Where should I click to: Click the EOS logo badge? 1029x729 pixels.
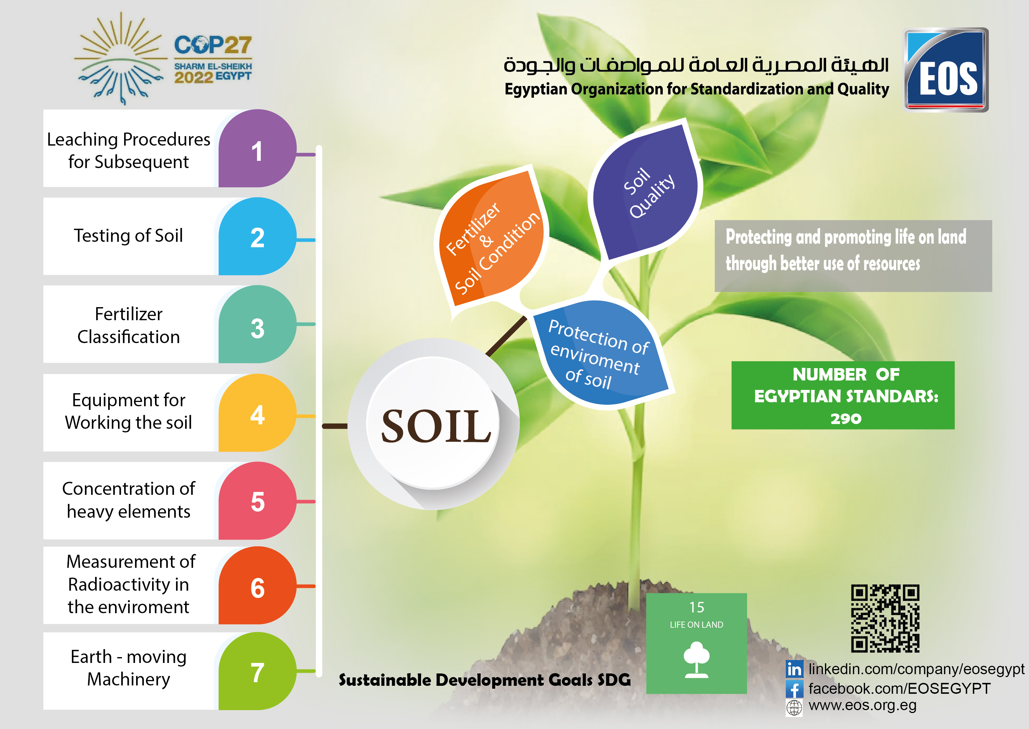click(x=946, y=70)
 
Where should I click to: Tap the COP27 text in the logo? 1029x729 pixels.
click(x=213, y=45)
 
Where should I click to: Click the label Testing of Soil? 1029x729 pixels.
click(x=128, y=236)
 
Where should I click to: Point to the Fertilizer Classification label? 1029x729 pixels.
click(x=128, y=325)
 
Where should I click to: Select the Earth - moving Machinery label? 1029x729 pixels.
click(x=128, y=668)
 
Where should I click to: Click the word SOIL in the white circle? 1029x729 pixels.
click(x=436, y=425)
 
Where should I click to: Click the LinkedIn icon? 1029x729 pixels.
click(x=794, y=669)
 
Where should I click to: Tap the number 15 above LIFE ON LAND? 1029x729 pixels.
click(x=697, y=607)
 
